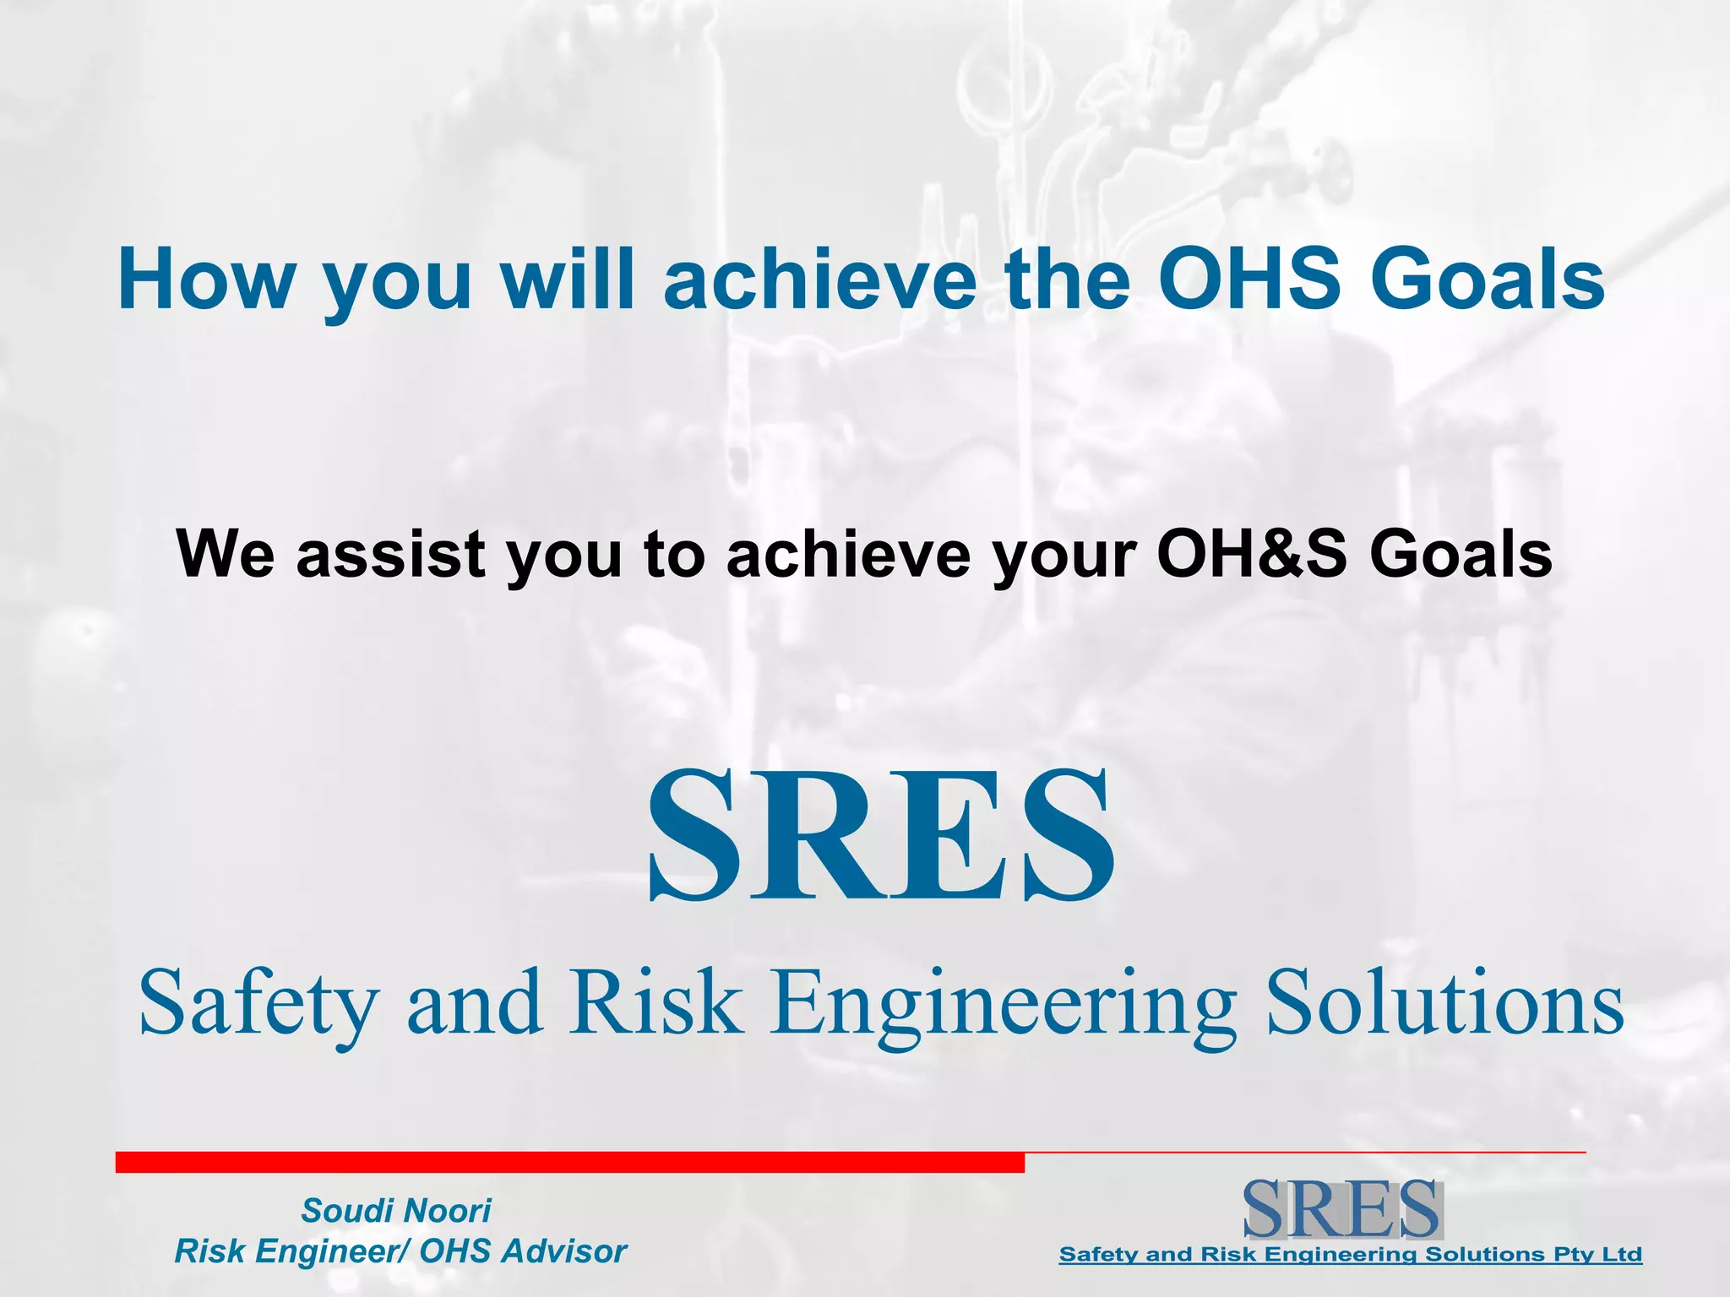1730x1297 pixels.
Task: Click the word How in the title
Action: pyautogui.click(x=206, y=279)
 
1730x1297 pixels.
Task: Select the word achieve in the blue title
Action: pyautogui.click(x=818, y=279)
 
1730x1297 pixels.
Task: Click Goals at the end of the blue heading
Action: pyautogui.click(x=1487, y=279)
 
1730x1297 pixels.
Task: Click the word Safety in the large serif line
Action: pyautogui.click(x=258, y=1003)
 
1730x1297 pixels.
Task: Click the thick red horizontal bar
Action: pyautogui.click(x=569, y=1162)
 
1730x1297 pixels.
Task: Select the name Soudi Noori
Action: pyautogui.click(x=395, y=1211)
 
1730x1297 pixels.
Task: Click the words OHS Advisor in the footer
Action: pyautogui.click(x=523, y=1251)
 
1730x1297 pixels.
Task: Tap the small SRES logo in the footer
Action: pyautogui.click(x=1342, y=1209)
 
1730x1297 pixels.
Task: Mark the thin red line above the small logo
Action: pyautogui.click(x=1305, y=1152)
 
